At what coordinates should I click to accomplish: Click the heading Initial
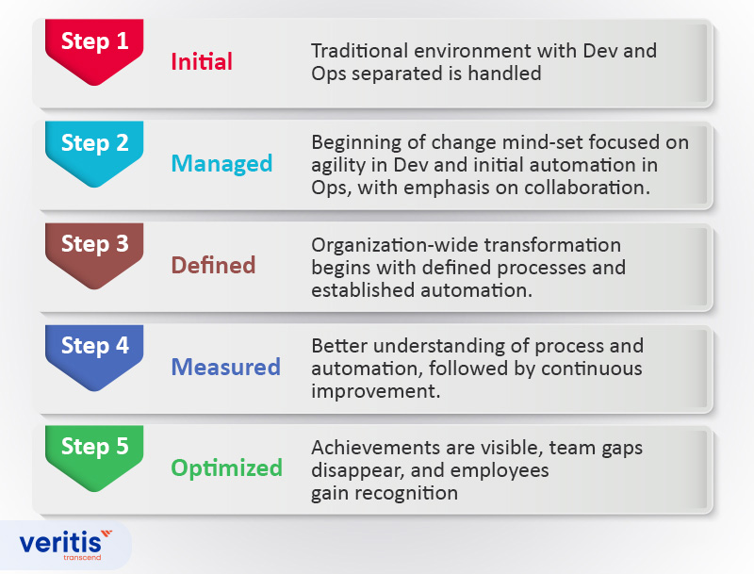click(201, 62)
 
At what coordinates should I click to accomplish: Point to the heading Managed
click(221, 163)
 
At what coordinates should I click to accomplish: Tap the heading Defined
click(213, 265)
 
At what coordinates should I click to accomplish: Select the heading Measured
click(225, 367)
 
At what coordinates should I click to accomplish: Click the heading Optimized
click(226, 467)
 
